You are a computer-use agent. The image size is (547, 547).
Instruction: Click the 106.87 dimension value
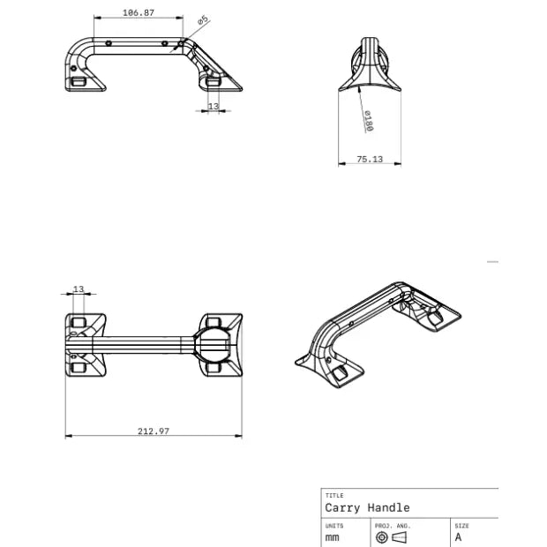(139, 13)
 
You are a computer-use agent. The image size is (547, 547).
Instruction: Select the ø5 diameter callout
(202, 19)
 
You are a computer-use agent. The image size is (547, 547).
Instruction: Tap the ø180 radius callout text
(368, 121)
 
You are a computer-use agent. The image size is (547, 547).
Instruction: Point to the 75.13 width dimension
(369, 159)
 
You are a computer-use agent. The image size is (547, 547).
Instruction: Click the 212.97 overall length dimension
(154, 431)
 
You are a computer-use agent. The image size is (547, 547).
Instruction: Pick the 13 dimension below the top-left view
(213, 106)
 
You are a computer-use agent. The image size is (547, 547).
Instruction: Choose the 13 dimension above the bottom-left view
(79, 288)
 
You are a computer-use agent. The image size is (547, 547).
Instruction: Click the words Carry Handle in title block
(367, 507)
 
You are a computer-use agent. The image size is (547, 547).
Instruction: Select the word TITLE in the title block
(333, 496)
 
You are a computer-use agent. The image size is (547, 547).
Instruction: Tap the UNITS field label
(334, 525)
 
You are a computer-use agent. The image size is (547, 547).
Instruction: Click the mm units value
(332, 536)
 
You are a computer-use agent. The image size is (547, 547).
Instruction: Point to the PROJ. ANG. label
(392, 525)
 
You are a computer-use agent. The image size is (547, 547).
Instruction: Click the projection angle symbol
(392, 537)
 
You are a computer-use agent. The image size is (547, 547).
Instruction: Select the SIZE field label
(462, 525)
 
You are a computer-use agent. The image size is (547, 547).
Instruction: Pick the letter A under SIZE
(458, 536)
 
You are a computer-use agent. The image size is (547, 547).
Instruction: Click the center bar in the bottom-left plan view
(146, 343)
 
